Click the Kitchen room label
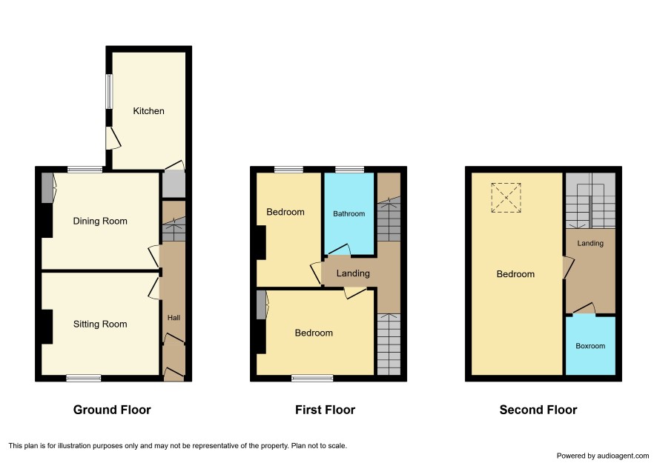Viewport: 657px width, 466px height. click(x=148, y=111)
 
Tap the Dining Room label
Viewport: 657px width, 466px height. click(x=100, y=221)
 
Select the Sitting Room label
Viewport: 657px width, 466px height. click(x=100, y=324)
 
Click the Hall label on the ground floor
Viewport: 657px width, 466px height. click(x=174, y=318)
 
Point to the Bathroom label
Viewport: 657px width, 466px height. click(x=349, y=214)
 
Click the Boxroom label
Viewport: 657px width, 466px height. click(x=590, y=346)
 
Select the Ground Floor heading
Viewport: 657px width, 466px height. click(x=112, y=410)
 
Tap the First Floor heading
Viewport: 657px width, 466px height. click(x=325, y=410)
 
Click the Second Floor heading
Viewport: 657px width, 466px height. click(x=538, y=410)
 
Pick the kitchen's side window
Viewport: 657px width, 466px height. click(x=109, y=91)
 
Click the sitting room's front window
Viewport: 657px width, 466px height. click(x=84, y=379)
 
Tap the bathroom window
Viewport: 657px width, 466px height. click(x=349, y=170)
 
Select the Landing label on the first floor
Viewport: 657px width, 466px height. click(x=353, y=273)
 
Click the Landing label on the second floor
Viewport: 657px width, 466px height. click(x=590, y=243)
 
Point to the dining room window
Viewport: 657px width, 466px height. click(x=85, y=170)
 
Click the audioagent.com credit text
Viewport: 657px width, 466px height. click(x=603, y=456)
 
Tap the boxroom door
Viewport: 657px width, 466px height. click(x=584, y=308)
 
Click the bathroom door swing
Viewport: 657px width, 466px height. click(x=339, y=250)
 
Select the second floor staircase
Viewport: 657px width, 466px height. click(x=590, y=200)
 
